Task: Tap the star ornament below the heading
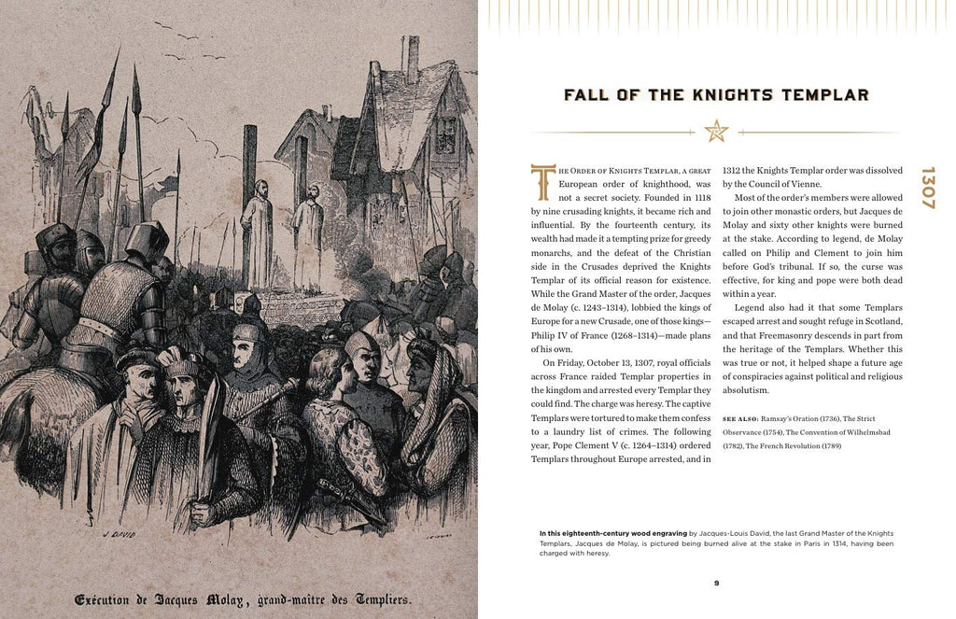pos(716,132)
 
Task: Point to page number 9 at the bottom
pos(716,584)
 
